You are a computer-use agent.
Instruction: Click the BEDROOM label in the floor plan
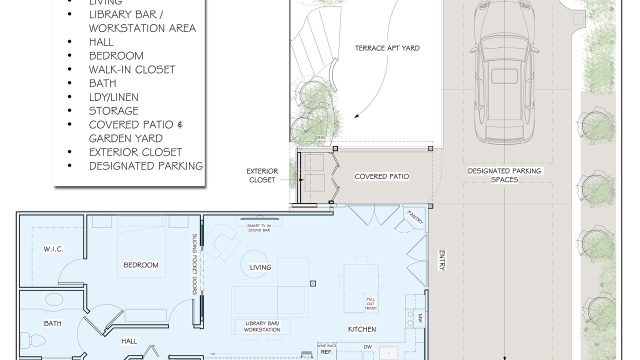[141, 265]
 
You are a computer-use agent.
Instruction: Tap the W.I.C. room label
[53, 249]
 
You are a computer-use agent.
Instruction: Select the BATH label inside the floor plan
[52, 323]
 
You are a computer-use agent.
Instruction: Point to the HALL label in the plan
[129, 341]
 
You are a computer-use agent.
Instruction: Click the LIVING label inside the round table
[260, 267]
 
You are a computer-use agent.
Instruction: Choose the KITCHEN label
[362, 329]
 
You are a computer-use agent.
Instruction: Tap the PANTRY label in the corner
[415, 217]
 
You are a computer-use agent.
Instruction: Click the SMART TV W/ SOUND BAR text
[259, 227]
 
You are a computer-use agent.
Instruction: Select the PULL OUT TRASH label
[370, 303]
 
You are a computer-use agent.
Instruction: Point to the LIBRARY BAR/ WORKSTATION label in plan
[262, 326]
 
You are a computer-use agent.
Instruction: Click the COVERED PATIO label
[381, 176]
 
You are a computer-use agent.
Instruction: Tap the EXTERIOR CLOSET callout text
[262, 175]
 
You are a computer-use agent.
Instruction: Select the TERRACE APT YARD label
[387, 48]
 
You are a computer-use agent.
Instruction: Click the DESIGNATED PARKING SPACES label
[504, 175]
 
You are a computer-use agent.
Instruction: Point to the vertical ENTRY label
[441, 260]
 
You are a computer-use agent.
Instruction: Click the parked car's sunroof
[504, 76]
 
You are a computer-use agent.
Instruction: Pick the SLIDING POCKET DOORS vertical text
[194, 264]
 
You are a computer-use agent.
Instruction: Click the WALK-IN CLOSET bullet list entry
[132, 69]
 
